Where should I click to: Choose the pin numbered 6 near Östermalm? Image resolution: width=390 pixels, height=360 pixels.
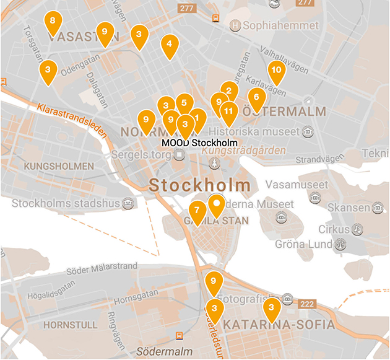[256, 98]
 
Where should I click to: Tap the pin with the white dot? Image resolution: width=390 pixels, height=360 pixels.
[216, 204]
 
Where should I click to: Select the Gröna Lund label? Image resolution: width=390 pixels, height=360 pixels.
[304, 244]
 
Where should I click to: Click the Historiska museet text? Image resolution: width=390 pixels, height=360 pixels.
[254, 131]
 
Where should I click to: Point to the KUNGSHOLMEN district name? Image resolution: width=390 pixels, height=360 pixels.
[58, 166]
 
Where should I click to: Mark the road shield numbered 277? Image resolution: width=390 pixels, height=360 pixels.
[186, 9]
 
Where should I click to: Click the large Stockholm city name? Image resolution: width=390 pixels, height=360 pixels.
[201, 185]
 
